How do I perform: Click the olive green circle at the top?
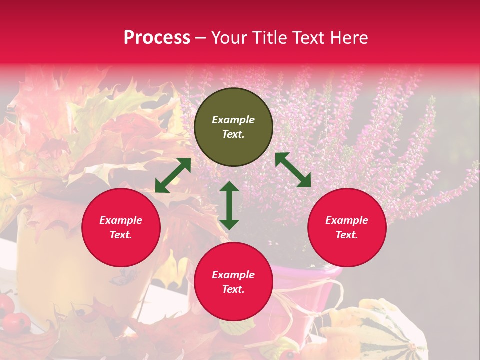coord(233,127)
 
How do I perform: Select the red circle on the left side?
coord(121,227)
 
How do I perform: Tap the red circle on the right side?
coord(347,227)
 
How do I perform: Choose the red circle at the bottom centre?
coord(233,282)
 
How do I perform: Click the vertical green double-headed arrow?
coord(229,205)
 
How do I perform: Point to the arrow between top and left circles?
coord(173,175)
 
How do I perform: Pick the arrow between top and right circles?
coord(293,170)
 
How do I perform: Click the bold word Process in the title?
coord(157,38)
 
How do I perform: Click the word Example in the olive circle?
coord(233,120)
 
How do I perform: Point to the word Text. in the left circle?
coord(121,235)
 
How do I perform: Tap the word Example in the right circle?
coord(347,220)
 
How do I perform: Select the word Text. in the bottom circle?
coord(233,289)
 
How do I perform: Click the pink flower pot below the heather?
coord(310,290)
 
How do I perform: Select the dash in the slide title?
coord(201,38)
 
